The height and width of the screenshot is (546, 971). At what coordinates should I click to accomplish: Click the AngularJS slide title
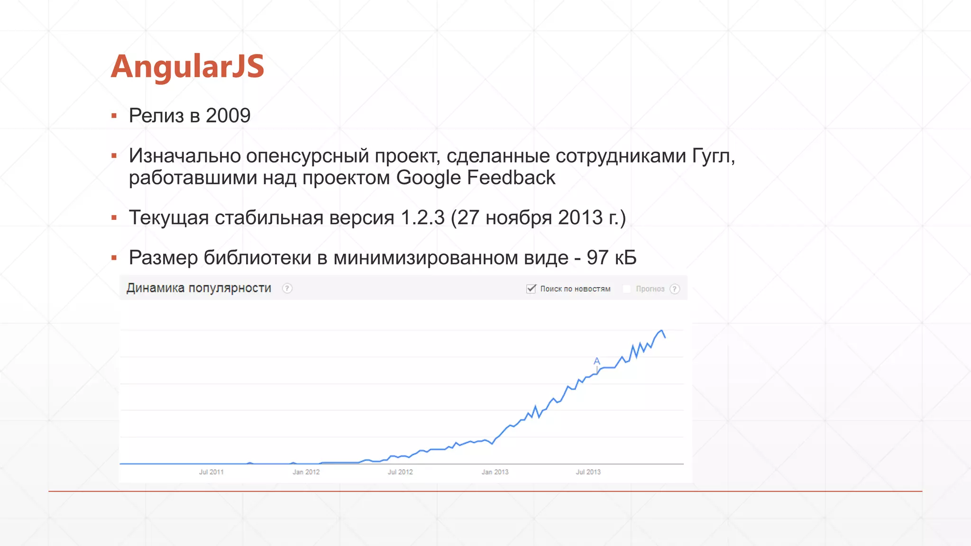(187, 66)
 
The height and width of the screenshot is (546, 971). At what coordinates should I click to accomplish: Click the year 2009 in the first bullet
(228, 116)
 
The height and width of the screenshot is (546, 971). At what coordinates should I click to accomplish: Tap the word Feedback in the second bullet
(511, 178)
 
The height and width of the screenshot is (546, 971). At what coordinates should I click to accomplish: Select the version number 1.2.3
(422, 218)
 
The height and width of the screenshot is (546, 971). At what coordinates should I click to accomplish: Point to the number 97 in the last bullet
(597, 258)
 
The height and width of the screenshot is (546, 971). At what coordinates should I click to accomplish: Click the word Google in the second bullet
(428, 178)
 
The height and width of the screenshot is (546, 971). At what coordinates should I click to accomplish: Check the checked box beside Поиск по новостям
(531, 289)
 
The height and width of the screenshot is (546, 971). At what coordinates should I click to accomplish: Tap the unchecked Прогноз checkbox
(627, 289)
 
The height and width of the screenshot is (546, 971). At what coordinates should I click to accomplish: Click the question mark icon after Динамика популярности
(287, 288)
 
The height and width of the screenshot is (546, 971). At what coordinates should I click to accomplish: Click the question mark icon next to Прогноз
(675, 289)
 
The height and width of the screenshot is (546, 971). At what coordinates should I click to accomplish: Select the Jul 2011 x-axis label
(211, 472)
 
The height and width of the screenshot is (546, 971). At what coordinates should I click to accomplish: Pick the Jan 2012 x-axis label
(306, 472)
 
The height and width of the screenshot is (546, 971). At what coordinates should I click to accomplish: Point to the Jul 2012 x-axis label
(400, 472)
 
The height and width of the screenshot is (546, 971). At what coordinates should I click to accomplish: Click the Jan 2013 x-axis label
(495, 472)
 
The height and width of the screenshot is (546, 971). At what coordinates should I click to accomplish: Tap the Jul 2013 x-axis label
(588, 472)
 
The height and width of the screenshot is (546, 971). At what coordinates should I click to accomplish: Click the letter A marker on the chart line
(597, 361)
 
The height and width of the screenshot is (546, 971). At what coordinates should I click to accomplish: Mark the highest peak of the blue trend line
(661, 330)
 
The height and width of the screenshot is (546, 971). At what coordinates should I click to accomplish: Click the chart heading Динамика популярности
(199, 288)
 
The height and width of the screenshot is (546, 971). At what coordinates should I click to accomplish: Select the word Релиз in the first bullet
(156, 116)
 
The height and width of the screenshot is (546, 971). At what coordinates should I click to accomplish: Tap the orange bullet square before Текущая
(114, 218)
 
